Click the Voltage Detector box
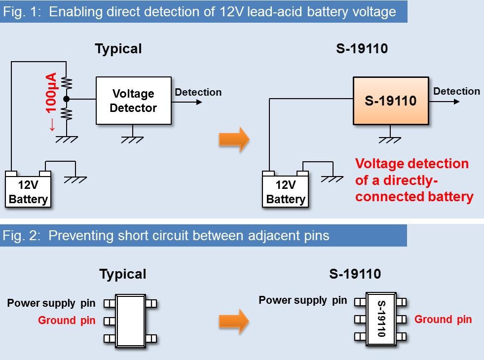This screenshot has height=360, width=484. tap(133, 101)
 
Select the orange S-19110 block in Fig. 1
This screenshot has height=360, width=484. tap(390, 101)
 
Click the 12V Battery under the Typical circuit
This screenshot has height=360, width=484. tap(28, 192)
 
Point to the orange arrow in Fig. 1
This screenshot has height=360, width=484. tap(234, 139)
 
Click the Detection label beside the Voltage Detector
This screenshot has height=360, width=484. tap(198, 92)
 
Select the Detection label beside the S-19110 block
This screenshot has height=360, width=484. tap(456, 91)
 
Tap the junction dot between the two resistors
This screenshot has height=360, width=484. tap(66, 99)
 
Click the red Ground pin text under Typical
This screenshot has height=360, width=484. tap(67, 321)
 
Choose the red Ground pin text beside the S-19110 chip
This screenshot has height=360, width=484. tap(443, 319)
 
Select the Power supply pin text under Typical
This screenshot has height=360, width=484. tap(51, 303)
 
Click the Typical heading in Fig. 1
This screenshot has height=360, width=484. tap(118, 49)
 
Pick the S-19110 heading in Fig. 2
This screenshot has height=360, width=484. tap(355, 274)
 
